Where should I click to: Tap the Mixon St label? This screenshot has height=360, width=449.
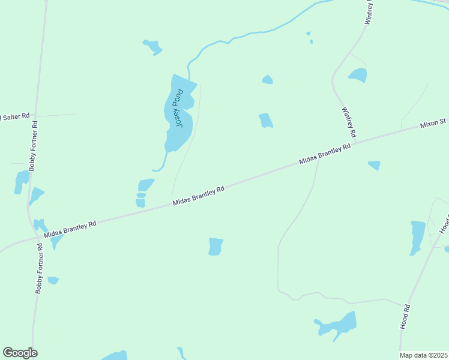[433, 124]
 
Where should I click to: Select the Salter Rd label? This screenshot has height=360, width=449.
[16, 116]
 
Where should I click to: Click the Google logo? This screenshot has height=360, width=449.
[20, 353]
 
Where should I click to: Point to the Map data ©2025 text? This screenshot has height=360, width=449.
[423, 355]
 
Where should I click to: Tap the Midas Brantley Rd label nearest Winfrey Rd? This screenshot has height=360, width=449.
[325, 154]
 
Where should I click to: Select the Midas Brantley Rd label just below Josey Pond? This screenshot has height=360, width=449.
[198, 196]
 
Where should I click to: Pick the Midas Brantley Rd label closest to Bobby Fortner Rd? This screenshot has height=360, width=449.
[70, 229]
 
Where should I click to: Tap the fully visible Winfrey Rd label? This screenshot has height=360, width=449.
[349, 122]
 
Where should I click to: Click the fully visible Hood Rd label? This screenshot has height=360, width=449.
[406, 316]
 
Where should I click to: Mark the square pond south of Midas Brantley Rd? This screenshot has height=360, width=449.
[215, 247]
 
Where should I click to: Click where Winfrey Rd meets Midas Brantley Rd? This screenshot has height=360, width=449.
[356, 142]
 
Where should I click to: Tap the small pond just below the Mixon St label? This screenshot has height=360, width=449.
[374, 164]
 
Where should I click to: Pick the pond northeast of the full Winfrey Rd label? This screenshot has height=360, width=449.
[358, 76]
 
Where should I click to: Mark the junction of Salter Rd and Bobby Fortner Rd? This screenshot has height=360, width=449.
[36, 115]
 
